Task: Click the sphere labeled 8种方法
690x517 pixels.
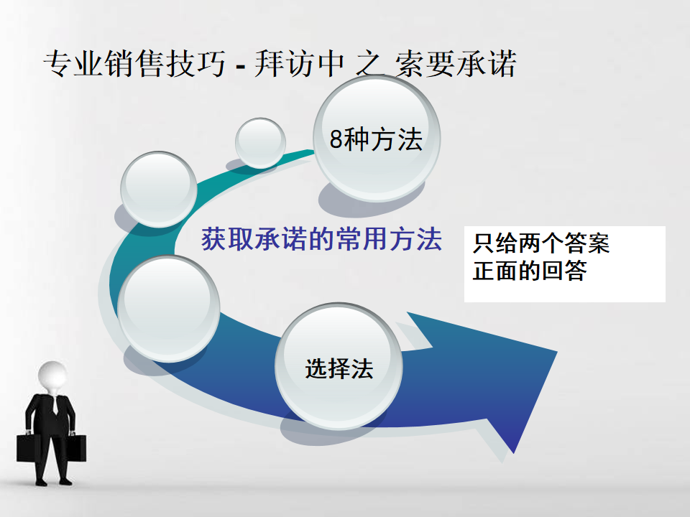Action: point(377,139)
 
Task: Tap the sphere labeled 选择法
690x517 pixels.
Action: point(339,366)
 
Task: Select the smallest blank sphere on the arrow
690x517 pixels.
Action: point(260,143)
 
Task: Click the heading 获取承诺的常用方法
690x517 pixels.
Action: point(322,239)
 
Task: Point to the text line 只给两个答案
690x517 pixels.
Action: point(540,243)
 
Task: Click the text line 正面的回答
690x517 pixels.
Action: point(530,271)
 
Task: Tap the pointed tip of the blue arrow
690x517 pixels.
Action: point(557,352)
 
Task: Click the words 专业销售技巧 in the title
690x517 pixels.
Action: point(134,64)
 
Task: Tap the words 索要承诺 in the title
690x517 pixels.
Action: point(456,64)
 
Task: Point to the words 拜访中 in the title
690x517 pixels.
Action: point(299,64)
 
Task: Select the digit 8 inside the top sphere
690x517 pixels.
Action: point(336,139)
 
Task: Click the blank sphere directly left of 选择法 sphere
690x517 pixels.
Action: point(168,308)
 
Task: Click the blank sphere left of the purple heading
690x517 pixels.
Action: point(159,190)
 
